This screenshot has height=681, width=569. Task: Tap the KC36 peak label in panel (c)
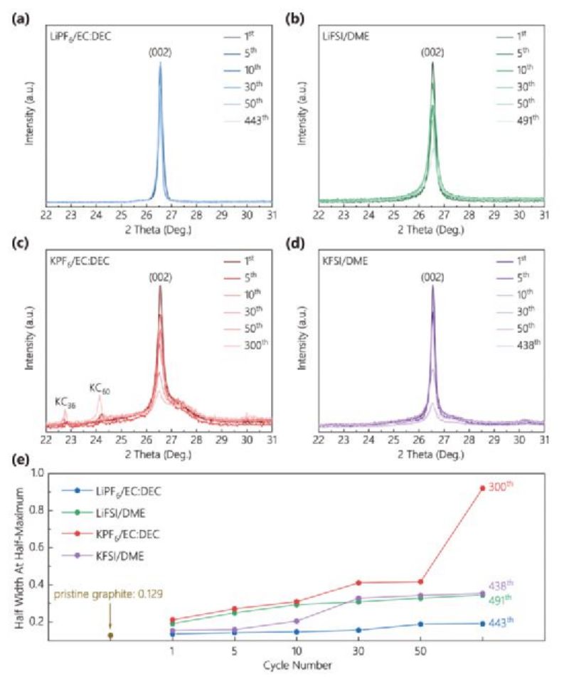[x=65, y=401]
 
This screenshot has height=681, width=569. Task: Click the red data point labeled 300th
[x=483, y=488]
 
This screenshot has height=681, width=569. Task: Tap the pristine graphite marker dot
[x=110, y=635]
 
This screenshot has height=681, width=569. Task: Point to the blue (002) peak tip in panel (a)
[x=160, y=63]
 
